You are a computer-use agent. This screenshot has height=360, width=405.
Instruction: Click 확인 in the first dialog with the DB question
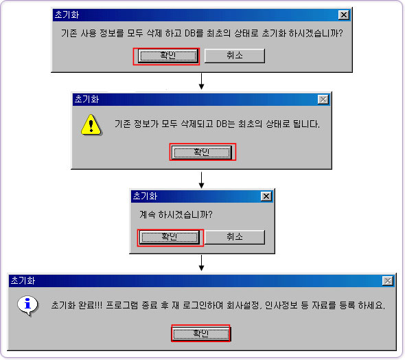(x=168, y=56)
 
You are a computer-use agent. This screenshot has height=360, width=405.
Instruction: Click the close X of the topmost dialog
(x=344, y=15)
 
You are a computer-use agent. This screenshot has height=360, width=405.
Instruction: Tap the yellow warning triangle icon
(x=91, y=125)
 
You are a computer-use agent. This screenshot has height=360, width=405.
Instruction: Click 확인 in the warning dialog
(x=202, y=152)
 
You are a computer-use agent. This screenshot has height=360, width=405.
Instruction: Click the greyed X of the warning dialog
(x=323, y=100)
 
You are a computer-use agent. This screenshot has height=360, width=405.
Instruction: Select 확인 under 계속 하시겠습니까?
(x=170, y=237)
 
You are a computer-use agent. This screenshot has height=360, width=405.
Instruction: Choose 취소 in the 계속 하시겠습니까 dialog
(x=235, y=237)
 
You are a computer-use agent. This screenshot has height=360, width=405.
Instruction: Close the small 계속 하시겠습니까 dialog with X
(x=266, y=196)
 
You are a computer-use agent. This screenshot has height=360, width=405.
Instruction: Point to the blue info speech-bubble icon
(x=28, y=306)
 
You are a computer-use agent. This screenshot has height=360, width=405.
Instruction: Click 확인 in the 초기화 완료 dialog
(x=201, y=334)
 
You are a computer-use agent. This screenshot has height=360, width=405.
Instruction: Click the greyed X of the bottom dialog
(x=388, y=281)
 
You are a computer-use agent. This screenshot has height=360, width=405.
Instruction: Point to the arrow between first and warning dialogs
(x=201, y=81)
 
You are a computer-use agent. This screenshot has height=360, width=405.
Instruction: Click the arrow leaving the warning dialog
(x=201, y=180)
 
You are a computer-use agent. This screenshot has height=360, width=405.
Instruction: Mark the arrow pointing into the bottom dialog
(x=201, y=263)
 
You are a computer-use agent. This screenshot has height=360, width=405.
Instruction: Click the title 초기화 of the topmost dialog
(x=67, y=14)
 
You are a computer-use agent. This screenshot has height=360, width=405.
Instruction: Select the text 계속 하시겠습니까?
(x=176, y=214)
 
